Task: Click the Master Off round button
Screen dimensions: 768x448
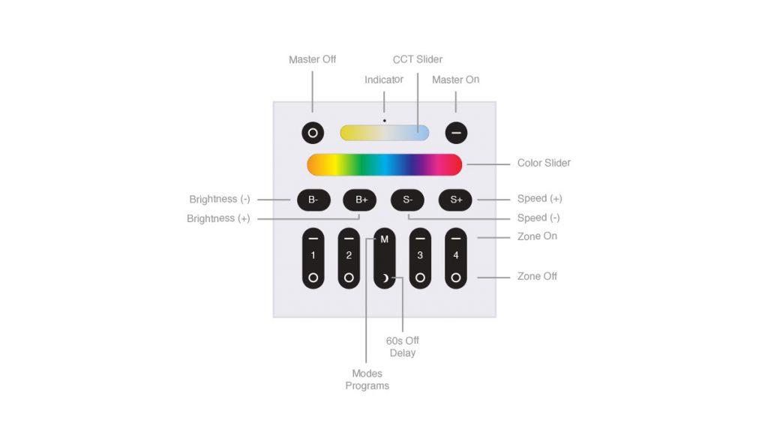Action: [x=313, y=133]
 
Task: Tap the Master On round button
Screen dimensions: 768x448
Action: [x=456, y=133]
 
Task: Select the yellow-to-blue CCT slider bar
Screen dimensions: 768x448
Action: [x=385, y=133]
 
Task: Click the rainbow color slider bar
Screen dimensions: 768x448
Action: [x=385, y=164]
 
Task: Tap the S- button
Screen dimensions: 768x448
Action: [x=407, y=200]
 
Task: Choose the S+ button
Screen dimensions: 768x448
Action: [x=455, y=200]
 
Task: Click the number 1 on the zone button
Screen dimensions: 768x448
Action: [x=313, y=255]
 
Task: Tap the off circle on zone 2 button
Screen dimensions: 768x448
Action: [x=349, y=278]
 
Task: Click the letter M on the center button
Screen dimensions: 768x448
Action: [x=385, y=239]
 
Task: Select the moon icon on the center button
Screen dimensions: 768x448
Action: [x=385, y=278]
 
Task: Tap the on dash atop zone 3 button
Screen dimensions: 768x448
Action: [x=420, y=239]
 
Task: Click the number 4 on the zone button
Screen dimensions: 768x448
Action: [x=456, y=255]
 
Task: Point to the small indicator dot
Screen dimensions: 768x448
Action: [x=385, y=121]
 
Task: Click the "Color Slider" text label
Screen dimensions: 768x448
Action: [x=544, y=164]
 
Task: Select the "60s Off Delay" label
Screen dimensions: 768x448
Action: [x=403, y=347]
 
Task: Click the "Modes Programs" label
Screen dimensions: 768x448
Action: [x=367, y=380]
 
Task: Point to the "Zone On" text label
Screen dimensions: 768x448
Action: [x=537, y=236]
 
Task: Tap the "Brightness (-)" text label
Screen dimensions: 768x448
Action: [x=220, y=199]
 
